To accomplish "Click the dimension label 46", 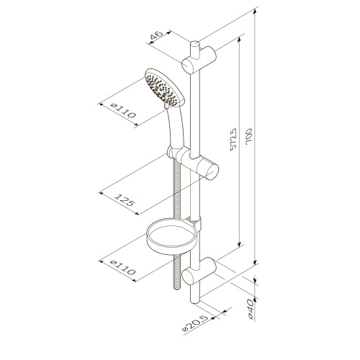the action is click(156, 37).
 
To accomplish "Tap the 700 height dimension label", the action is click(249, 137).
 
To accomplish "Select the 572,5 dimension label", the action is click(233, 140).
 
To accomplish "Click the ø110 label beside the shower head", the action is click(124, 111).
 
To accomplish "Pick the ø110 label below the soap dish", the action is click(122, 268).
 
